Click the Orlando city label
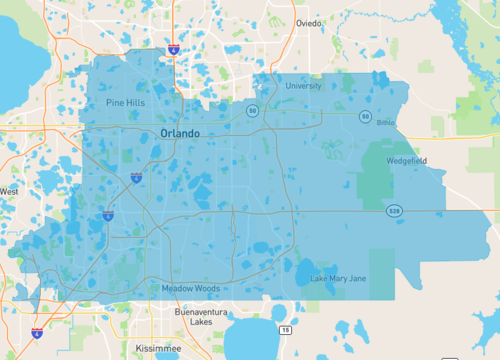click(x=180, y=133)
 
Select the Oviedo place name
click(x=309, y=23)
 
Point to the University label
click(x=303, y=86)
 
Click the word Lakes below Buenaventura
click(x=201, y=323)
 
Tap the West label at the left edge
click(x=9, y=190)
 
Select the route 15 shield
click(x=286, y=329)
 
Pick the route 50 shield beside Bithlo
click(x=366, y=117)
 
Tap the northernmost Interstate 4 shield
click(x=173, y=47)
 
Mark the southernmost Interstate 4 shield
click(x=37, y=332)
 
